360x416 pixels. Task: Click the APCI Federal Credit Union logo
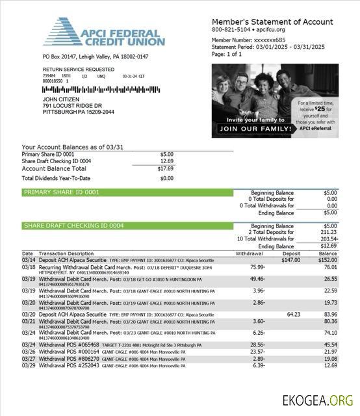point(104,32)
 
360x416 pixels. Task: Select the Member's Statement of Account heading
point(272,21)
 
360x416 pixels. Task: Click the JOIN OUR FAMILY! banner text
point(254,129)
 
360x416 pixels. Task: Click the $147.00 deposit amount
point(290,259)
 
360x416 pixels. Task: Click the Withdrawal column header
point(249,253)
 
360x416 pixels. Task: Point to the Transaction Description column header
point(66,253)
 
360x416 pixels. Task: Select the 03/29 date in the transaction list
point(28,365)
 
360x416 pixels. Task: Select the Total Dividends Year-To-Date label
point(56,178)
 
